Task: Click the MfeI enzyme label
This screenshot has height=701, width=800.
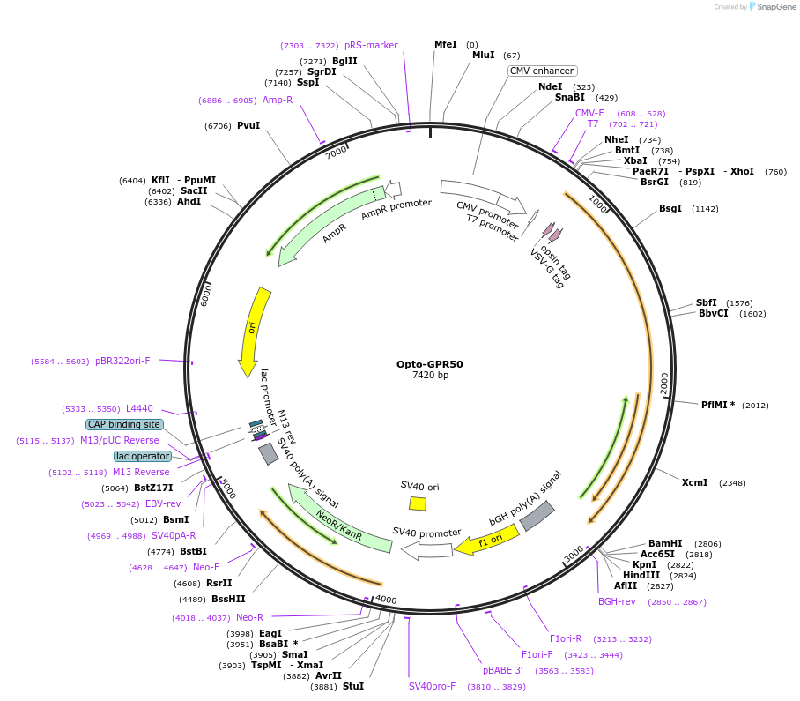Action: pyautogui.click(x=446, y=44)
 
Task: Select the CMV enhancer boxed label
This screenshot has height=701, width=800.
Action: pyautogui.click(x=542, y=71)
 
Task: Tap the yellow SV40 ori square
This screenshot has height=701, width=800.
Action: pyautogui.click(x=418, y=503)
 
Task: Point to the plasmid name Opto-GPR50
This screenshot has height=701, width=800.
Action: pyautogui.click(x=430, y=363)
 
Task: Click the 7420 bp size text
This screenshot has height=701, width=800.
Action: pyautogui.click(x=430, y=376)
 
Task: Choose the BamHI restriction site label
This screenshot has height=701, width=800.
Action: pyautogui.click(x=665, y=544)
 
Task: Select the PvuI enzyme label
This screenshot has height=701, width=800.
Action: pyautogui.click(x=248, y=126)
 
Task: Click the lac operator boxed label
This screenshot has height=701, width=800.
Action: pyautogui.click(x=143, y=456)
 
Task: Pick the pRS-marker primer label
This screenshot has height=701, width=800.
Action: pyautogui.click(x=371, y=45)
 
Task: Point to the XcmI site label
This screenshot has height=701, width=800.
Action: pyautogui.click(x=695, y=482)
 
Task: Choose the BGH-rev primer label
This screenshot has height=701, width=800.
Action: pyautogui.click(x=617, y=601)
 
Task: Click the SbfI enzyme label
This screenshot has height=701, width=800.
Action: pyautogui.click(x=707, y=302)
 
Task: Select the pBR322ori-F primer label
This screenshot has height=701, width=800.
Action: pyautogui.click(x=122, y=361)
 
